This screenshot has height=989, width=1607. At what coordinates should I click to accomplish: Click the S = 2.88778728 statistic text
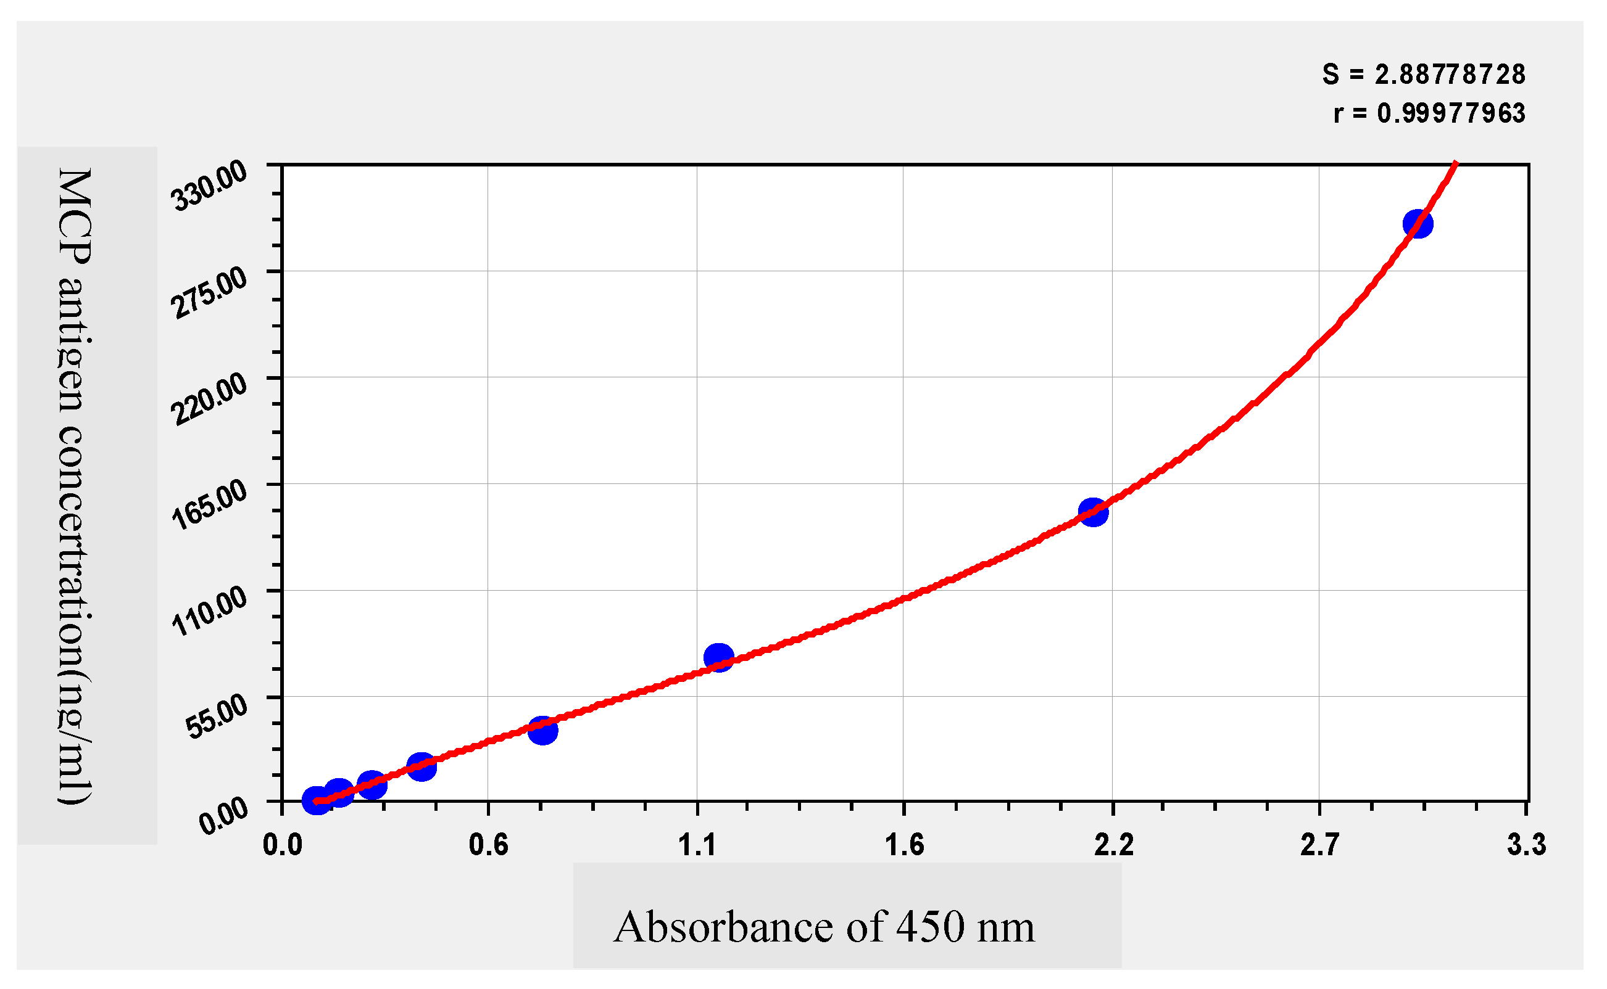coord(1423,75)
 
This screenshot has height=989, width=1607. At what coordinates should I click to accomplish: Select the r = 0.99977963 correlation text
coord(1429,114)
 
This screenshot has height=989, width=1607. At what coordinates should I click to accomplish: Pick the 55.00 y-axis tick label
coord(216,717)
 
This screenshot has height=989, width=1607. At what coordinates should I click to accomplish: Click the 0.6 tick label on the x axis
coord(488,845)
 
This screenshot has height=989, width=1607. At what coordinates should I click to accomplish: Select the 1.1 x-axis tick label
coord(697,845)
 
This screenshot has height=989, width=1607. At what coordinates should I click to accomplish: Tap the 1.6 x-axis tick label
coord(904,845)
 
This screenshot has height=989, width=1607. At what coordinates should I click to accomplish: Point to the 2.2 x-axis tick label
coord(1113,845)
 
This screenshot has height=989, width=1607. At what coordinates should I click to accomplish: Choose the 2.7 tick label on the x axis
coord(1319,845)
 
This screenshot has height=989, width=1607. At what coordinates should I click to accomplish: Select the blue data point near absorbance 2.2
coord(1093,512)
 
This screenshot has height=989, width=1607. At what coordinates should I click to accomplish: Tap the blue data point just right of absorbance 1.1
coord(719,657)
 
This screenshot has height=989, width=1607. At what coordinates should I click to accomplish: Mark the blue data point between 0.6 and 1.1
coord(542,731)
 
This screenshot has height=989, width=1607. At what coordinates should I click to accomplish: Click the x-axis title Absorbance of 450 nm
coord(824,927)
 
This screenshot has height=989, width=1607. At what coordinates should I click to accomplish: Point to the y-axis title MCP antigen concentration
coord(75,486)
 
